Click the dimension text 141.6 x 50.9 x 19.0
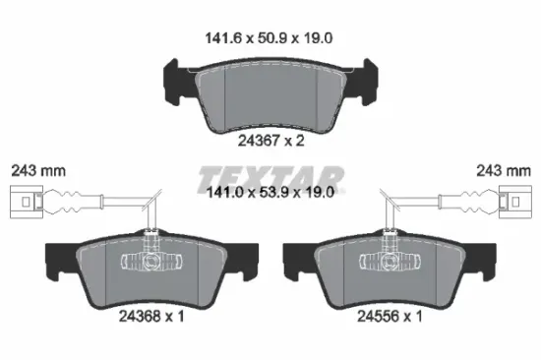click(269, 38)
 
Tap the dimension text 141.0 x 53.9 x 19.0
click(270, 192)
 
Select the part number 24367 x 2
click(270, 141)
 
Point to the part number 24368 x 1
click(151, 316)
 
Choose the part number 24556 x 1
click(390, 316)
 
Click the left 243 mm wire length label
click(38, 171)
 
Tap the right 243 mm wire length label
click(504, 171)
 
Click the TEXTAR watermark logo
click(270, 179)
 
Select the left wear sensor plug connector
click(27, 202)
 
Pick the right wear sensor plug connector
click(515, 202)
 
